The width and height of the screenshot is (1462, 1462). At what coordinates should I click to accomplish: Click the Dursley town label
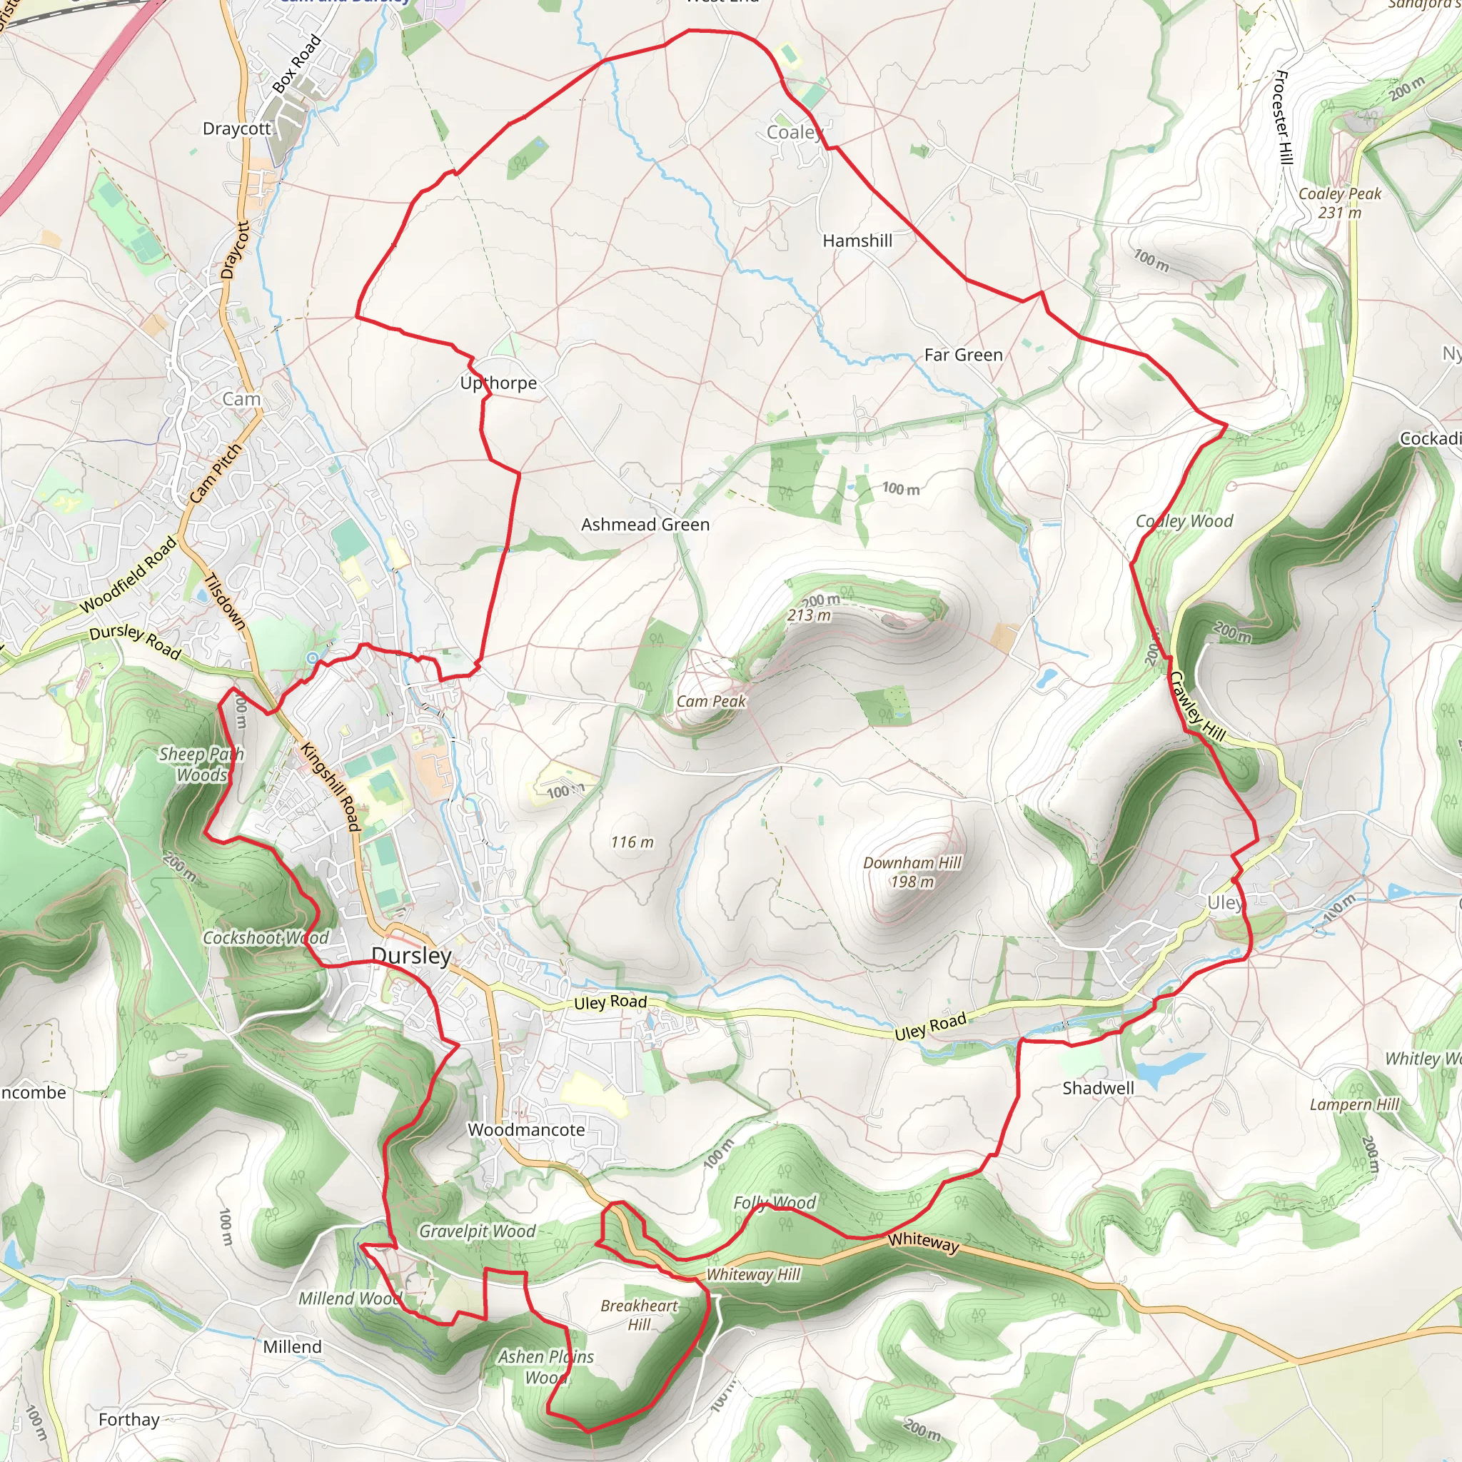411,956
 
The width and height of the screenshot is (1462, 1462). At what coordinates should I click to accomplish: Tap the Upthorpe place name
498,383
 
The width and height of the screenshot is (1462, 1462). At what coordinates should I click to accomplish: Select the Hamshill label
857,241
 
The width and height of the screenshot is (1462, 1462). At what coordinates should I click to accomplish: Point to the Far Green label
963,355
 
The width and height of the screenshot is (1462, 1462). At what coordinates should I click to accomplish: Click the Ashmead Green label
645,525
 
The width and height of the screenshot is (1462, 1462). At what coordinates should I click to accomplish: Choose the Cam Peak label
710,702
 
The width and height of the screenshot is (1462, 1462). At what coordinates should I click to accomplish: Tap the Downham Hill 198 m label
912,872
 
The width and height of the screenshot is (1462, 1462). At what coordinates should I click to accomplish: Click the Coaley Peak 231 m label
1339,203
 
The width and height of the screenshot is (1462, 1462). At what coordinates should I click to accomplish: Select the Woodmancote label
526,1130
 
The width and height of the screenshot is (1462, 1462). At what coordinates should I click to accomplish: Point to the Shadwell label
1097,1088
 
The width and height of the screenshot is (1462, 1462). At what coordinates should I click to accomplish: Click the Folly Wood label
774,1202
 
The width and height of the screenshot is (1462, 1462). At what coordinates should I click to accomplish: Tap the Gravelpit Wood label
477,1231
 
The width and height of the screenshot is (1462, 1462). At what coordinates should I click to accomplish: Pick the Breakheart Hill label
639,1314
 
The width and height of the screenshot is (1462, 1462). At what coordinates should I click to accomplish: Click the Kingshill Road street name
330,786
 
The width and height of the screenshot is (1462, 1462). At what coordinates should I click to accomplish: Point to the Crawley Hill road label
1197,706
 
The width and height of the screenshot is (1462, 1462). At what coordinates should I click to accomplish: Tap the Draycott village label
236,128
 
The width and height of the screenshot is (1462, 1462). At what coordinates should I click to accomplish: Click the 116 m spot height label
632,842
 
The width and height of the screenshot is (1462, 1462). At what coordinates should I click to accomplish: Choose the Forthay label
128,1420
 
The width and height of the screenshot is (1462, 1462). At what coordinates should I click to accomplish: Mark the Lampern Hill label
1354,1104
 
